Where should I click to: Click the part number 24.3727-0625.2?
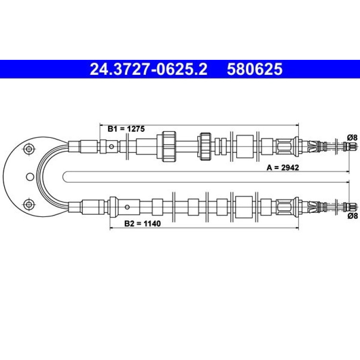coord(149,69)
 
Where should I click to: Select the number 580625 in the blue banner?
coord(255,69)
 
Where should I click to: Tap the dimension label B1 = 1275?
coord(126,129)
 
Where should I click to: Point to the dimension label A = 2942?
coord(283,167)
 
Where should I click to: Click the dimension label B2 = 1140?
coord(142,223)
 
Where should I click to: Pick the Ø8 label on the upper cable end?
coord(352,138)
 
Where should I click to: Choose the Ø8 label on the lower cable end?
coord(352,216)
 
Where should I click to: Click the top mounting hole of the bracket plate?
coord(29,149)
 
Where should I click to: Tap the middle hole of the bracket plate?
coord(30,177)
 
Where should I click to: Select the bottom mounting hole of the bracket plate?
coord(29,204)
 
